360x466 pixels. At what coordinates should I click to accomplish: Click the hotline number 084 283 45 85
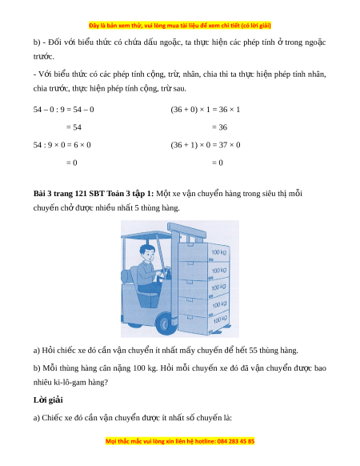[236, 441]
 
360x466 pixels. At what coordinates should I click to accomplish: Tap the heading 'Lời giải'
[48, 400]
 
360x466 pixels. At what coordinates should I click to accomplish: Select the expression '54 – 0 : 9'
[49, 110]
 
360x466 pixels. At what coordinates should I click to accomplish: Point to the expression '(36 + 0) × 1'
[190, 110]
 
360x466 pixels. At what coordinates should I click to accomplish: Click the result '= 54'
[74, 127]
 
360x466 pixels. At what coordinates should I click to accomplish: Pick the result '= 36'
[219, 127]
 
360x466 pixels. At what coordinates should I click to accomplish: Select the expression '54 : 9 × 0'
[49, 145]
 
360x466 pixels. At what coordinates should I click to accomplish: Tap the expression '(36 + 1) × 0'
[190, 145]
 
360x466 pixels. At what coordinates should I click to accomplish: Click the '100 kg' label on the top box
[219, 252]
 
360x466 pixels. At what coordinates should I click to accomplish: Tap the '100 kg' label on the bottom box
[220, 319]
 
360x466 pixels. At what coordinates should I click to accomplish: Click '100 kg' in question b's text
[144, 368]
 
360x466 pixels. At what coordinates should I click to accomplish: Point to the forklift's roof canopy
[146, 235]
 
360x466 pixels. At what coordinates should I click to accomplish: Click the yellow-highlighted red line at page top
[180, 26]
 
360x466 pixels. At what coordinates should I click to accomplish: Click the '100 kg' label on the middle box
[219, 287]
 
